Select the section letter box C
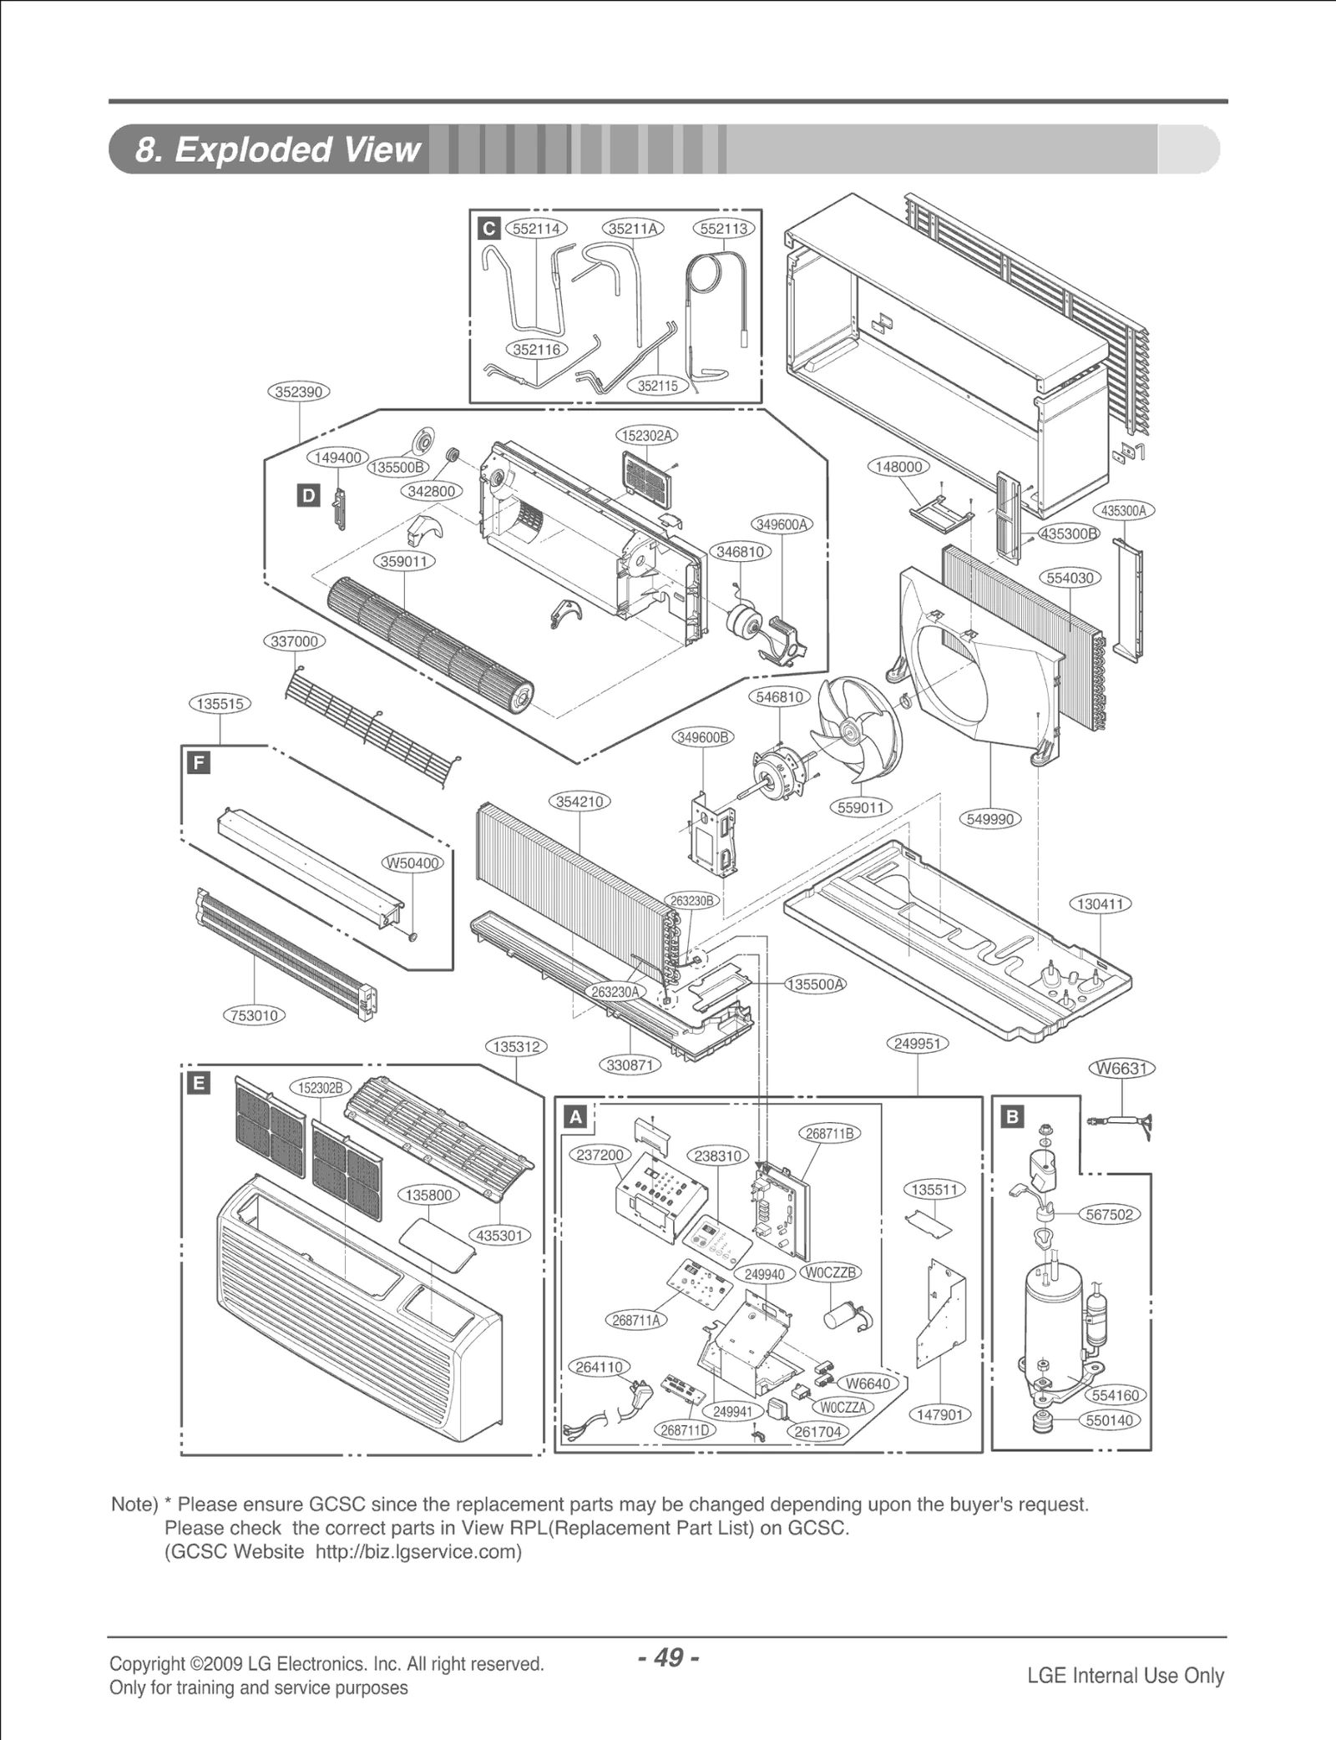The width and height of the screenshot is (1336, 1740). tap(488, 229)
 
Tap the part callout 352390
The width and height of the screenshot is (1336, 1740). tap(299, 392)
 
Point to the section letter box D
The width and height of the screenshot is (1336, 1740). tap(308, 496)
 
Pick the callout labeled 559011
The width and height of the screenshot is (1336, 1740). tap(861, 807)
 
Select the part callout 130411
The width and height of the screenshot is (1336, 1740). tap(1100, 904)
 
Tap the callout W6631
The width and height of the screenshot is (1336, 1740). tap(1124, 1068)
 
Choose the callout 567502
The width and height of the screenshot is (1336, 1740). tap(1110, 1214)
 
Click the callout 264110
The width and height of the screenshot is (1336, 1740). tap(600, 1367)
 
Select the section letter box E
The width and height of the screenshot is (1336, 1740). tap(199, 1084)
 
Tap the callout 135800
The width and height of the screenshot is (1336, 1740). tap(428, 1195)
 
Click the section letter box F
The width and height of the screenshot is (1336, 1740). tap(199, 762)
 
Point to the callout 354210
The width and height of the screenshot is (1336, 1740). tap(579, 802)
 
